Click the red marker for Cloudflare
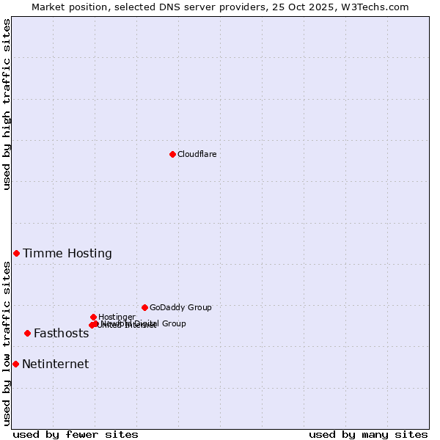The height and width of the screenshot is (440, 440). click(x=172, y=154)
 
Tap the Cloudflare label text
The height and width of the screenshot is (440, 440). click(x=197, y=154)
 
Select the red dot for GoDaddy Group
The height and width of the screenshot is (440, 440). click(x=144, y=307)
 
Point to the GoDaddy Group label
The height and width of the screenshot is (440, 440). click(x=180, y=307)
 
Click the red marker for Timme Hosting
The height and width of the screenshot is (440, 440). click(x=16, y=253)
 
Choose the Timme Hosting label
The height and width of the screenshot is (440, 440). click(x=67, y=254)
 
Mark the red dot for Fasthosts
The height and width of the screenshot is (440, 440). click(x=27, y=333)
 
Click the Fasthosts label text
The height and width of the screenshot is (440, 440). click(x=61, y=334)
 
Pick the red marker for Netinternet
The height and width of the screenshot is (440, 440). click(x=15, y=364)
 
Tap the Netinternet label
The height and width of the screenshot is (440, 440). click(x=55, y=364)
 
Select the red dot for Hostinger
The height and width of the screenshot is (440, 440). click(x=93, y=317)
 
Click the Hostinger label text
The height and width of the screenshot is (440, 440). click(x=117, y=317)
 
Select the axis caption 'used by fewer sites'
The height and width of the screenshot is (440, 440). click(x=76, y=434)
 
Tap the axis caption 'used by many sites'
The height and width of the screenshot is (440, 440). click(x=368, y=434)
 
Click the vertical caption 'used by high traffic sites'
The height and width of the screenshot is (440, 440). click(x=7, y=104)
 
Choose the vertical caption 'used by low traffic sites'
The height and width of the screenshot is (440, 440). click(x=7, y=343)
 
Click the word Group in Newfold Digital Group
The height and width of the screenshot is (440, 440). click(x=174, y=323)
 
